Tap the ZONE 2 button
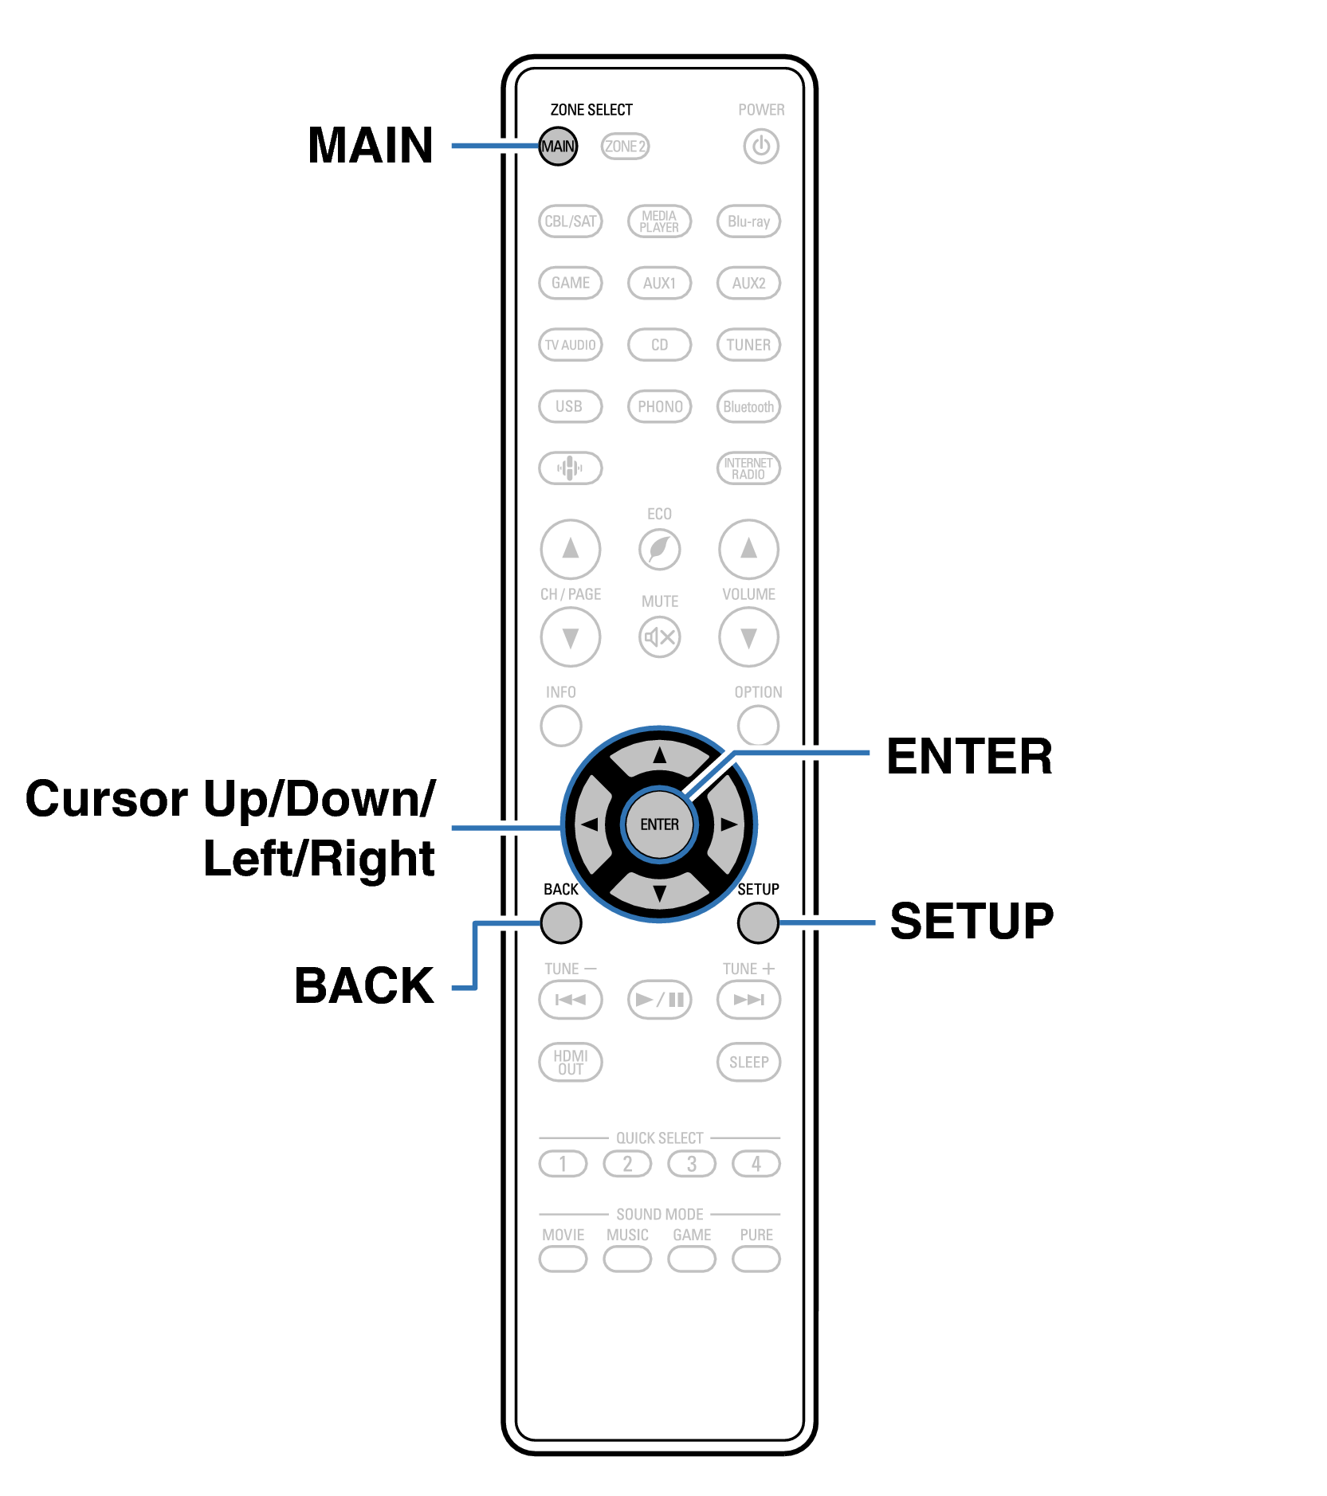(625, 147)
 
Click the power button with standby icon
(760, 147)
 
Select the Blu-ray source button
(748, 221)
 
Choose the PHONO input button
(659, 406)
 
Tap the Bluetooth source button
(748, 406)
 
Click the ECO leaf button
(659, 549)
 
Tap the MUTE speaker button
(659, 636)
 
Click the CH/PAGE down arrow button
(570, 636)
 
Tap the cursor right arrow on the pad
(727, 824)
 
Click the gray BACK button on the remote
(561, 922)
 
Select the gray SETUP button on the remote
(758, 922)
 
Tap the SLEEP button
(748, 1062)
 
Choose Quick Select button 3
(692, 1164)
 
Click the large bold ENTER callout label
(969, 756)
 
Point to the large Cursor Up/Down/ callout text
(230, 799)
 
